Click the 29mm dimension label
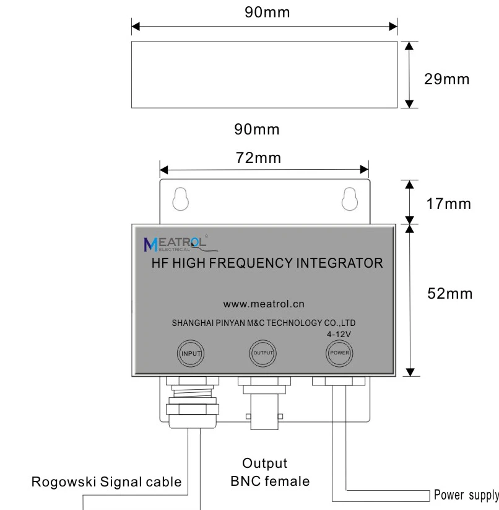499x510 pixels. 446,80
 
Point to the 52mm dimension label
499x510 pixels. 451,293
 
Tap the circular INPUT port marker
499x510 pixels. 191,354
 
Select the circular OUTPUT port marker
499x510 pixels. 263,354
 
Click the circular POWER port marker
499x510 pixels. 339,354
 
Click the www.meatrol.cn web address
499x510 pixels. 264,304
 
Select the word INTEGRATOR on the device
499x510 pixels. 343,263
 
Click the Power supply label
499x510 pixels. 466,495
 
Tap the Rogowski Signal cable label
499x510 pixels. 108,482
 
